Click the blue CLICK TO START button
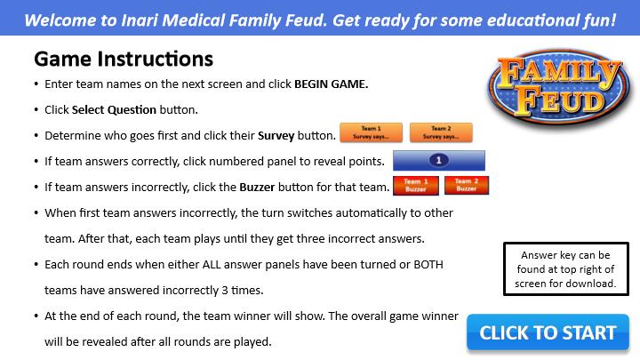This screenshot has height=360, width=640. tap(548, 332)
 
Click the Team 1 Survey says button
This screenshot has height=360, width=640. tap(371, 132)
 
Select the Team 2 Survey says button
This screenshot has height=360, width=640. tap(441, 132)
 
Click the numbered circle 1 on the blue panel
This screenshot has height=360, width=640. tap(439, 160)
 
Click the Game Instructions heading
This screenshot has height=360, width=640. tap(124, 59)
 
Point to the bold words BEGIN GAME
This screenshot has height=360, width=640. tap(331, 84)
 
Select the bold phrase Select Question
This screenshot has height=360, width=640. tap(114, 110)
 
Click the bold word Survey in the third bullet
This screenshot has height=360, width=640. tap(276, 135)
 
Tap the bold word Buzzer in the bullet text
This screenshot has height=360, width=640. tap(257, 187)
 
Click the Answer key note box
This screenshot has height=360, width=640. tap(566, 268)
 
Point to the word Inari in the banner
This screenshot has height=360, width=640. tap(140, 20)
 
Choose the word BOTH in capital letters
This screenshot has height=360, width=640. tap(428, 265)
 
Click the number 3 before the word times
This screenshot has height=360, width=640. tap(225, 290)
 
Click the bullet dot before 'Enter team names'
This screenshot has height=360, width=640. tap(36, 84)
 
